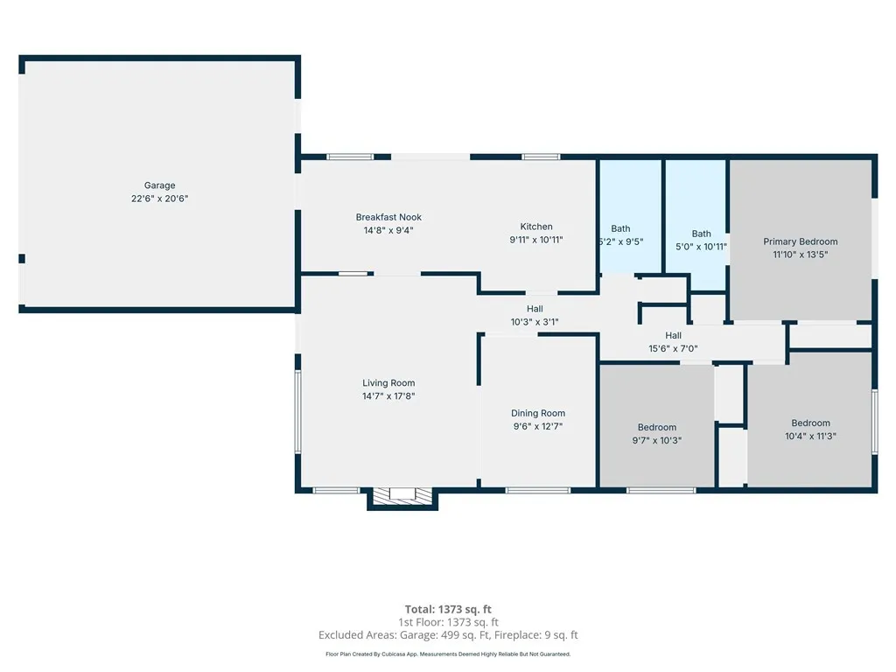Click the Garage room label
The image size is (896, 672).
click(159, 185)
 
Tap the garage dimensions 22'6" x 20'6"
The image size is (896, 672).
click(159, 199)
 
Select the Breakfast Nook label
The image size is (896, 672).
click(388, 217)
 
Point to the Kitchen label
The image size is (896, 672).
click(536, 227)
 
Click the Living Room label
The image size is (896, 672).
click(388, 383)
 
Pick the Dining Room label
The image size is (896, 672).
click(538, 413)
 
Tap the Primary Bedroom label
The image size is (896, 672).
click(800, 241)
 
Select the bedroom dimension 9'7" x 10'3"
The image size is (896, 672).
click(656, 440)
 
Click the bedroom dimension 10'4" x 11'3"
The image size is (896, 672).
click(810, 436)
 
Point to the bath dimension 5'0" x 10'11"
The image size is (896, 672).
click(701, 247)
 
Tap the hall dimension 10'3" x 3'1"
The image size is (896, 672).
click(535, 322)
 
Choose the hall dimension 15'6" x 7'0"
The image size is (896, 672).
click(673, 348)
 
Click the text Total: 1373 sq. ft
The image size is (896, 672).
click(448, 609)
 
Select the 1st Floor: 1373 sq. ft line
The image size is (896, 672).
click(448, 622)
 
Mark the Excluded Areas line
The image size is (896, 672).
click(448, 635)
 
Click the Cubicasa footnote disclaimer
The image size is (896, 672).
click(448, 654)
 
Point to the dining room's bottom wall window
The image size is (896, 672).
click(538, 490)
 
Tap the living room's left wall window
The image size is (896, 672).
click(297, 411)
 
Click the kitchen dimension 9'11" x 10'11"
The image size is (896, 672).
click(536, 240)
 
